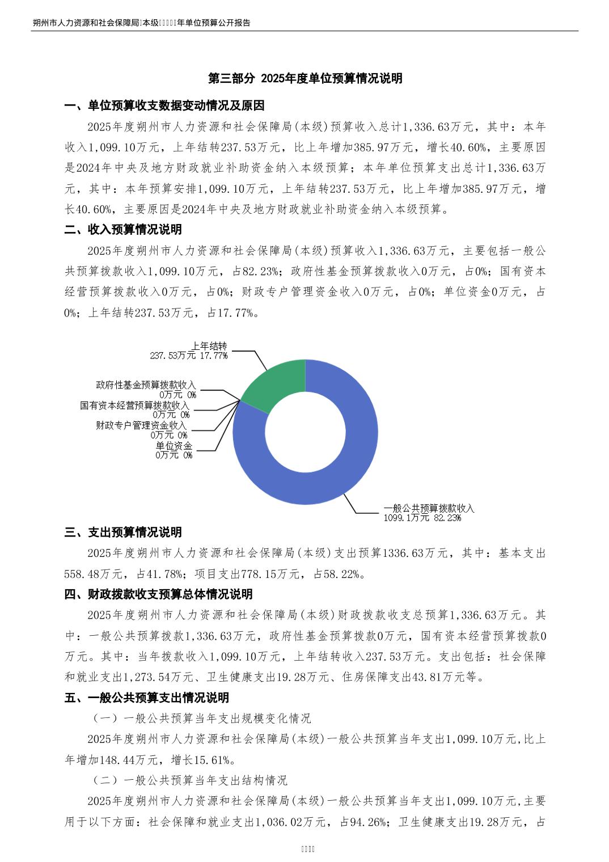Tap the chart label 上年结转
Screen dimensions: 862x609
tap(209, 346)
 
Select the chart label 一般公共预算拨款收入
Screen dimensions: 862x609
tap(429, 508)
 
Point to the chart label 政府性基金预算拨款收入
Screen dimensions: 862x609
tap(146, 385)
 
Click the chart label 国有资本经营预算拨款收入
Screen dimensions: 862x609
tap(134, 405)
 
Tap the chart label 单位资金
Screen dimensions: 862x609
tap(174, 445)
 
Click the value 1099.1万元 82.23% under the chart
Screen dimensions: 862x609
tap(422, 517)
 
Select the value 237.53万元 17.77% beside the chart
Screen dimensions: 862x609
tap(189, 356)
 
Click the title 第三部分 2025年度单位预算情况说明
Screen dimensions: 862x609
tap(305, 79)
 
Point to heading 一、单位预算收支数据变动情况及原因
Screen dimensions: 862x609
tap(164, 106)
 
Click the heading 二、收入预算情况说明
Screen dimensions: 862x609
tap(123, 230)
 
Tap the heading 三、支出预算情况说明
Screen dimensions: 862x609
tap(123, 532)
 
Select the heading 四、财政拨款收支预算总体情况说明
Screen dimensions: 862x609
tap(158, 594)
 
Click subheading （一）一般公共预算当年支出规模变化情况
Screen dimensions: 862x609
tap(201, 719)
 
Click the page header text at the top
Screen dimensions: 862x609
tap(142, 23)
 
